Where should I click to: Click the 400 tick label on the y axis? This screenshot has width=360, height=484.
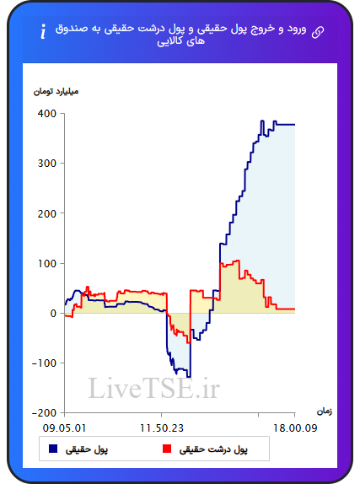(47, 114)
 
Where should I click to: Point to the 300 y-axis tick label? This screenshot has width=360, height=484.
(47, 164)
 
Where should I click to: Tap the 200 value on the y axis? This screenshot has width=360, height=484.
(47, 213)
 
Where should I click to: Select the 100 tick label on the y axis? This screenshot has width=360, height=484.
(47, 263)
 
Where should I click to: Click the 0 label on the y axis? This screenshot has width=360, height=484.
(53, 314)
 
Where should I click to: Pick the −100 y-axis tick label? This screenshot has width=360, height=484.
(45, 363)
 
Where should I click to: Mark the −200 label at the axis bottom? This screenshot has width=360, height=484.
(45, 413)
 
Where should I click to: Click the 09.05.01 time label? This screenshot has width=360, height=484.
(64, 428)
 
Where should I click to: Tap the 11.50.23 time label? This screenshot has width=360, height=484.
(162, 428)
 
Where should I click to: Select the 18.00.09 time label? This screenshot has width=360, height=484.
(295, 428)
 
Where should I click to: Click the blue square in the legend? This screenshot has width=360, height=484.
(53, 449)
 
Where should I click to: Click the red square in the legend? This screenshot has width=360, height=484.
(167, 449)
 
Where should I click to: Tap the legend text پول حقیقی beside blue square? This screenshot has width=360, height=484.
(87, 449)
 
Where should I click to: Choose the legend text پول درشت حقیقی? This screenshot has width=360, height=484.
(213, 449)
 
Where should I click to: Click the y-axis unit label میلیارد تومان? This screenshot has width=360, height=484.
(56, 92)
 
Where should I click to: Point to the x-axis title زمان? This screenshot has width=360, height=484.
(325, 411)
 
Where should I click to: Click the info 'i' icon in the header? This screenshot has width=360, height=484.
(43, 31)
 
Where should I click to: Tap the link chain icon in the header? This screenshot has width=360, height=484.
(318, 32)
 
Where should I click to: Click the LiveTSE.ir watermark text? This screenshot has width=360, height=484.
(153, 388)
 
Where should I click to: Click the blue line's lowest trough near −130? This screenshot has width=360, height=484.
(189, 377)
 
